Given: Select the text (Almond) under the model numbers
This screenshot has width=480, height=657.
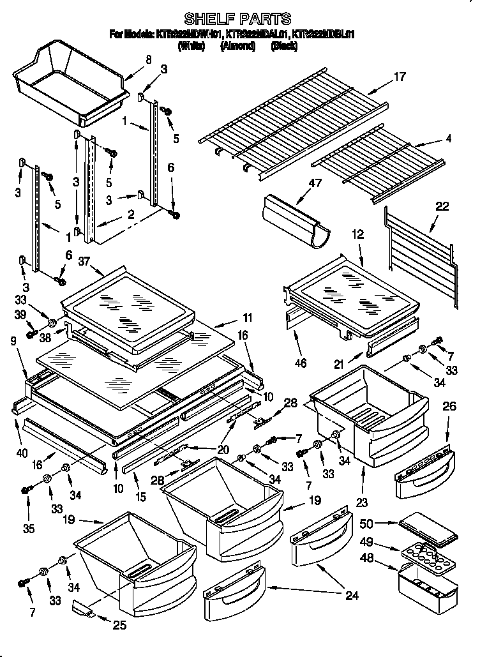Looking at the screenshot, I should (238, 45).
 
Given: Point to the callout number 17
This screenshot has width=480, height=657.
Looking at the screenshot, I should (400, 77).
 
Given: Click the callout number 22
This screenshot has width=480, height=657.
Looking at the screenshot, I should (442, 206).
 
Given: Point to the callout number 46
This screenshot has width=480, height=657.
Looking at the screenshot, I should (300, 363).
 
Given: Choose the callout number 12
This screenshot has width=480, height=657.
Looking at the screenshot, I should (357, 235).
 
